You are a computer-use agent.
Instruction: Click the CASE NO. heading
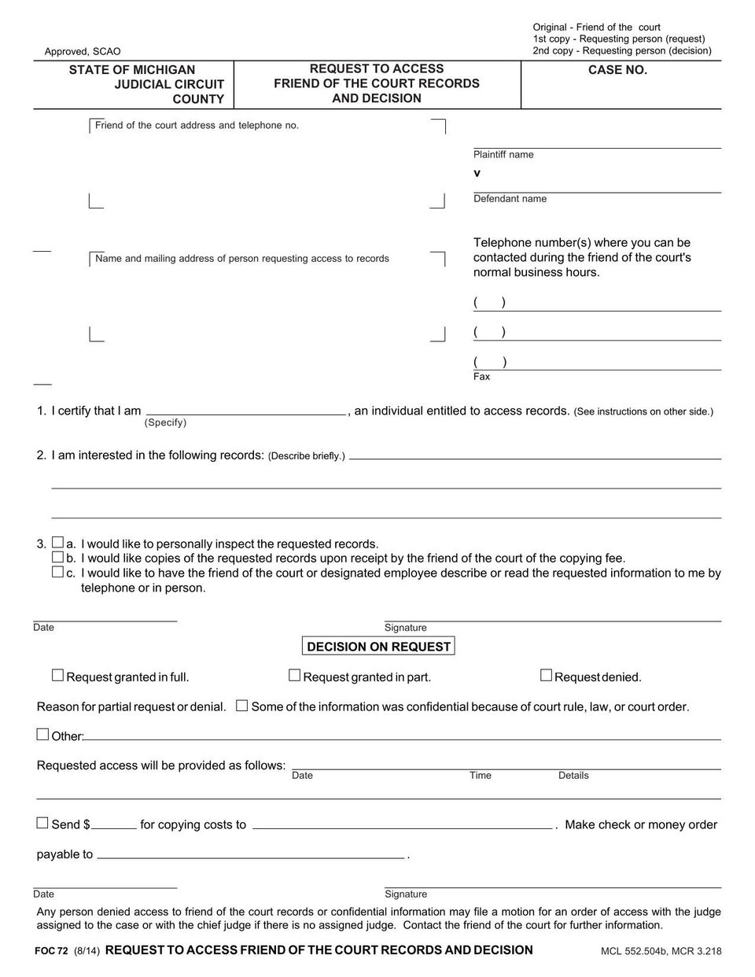tap(617, 70)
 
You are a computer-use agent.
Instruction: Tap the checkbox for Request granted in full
tap(57, 675)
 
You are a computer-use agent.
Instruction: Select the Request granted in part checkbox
tap(294, 675)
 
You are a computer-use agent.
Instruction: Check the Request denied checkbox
tap(546, 675)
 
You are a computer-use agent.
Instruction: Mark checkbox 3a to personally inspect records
tap(57, 543)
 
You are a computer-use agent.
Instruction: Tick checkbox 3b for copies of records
tap(57, 557)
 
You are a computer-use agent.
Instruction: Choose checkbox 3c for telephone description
tap(57, 572)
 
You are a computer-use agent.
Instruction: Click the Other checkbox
tap(42, 735)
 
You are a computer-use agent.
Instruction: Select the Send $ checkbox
tap(42, 823)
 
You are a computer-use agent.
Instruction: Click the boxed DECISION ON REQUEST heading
tap(378, 647)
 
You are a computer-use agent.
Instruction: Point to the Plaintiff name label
tap(503, 155)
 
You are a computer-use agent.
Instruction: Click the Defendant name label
tap(510, 199)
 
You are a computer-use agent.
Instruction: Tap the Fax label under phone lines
tap(481, 377)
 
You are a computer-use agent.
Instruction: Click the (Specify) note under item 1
tap(165, 422)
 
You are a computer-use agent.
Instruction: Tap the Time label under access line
tap(481, 776)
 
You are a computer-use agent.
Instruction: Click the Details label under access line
tap(573, 776)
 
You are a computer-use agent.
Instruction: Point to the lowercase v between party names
tap(477, 173)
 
